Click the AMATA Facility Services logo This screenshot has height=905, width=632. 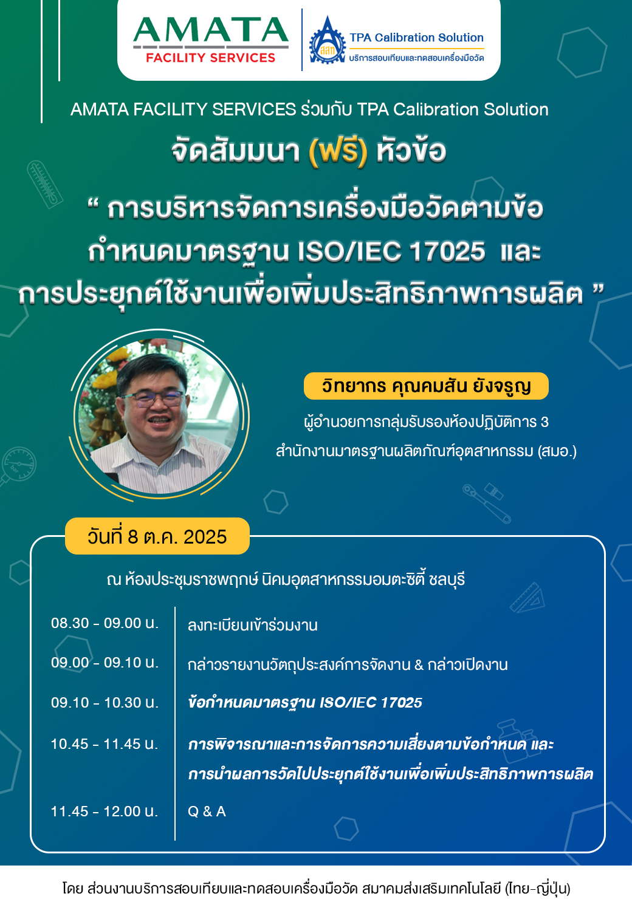(211, 40)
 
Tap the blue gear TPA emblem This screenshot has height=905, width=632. (327, 41)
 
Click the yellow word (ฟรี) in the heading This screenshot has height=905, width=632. (338, 152)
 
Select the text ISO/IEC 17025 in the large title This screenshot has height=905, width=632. (391, 251)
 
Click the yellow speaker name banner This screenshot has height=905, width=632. (426, 386)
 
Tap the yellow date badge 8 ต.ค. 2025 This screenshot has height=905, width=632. (157, 536)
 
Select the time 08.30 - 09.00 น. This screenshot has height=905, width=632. (105, 623)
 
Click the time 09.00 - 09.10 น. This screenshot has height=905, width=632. (105, 663)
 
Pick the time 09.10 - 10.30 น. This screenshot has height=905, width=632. (105, 703)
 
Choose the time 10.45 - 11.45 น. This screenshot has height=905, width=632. (105, 744)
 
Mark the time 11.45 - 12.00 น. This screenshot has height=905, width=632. (105, 811)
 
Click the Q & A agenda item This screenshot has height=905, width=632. (207, 811)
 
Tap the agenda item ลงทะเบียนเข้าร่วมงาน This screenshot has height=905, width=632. (253, 625)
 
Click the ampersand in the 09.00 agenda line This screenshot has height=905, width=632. (419, 664)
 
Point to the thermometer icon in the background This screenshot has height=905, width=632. (45, 184)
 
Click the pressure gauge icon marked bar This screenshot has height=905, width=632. (18, 465)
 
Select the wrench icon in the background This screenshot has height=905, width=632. (487, 504)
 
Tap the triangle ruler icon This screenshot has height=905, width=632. (527, 598)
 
